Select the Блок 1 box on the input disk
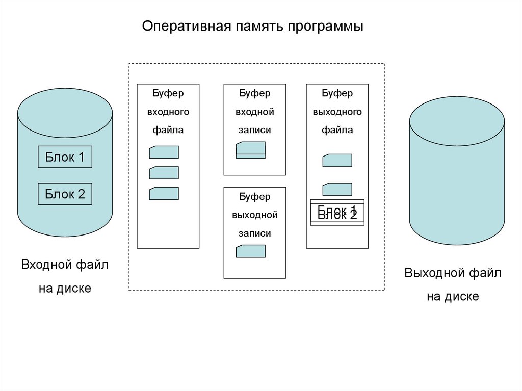click(x=65, y=157)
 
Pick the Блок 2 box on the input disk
click(x=65, y=194)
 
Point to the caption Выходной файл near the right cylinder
click(x=453, y=273)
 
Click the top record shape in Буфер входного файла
click(x=164, y=152)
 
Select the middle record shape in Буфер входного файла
click(x=164, y=173)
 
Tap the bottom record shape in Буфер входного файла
click(x=164, y=193)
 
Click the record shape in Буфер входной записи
click(x=251, y=149)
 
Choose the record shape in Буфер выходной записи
click(x=251, y=251)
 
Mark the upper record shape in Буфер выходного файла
click(x=337, y=161)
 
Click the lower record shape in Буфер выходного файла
click(x=337, y=189)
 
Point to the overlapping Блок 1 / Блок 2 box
click(x=337, y=212)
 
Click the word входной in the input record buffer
click(x=254, y=112)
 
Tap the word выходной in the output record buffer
click(x=254, y=215)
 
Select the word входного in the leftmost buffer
click(x=168, y=112)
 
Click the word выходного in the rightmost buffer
click(x=337, y=112)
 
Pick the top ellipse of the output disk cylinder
click(x=457, y=120)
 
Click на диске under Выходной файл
click(x=453, y=296)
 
